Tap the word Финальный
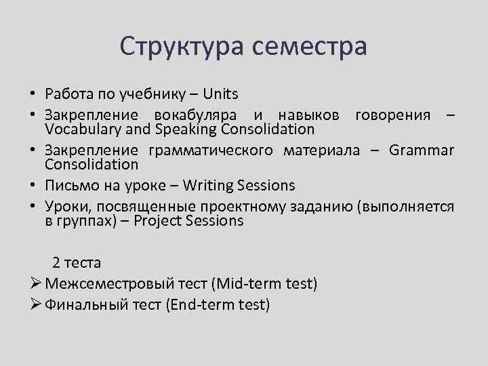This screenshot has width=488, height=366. (86, 305)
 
